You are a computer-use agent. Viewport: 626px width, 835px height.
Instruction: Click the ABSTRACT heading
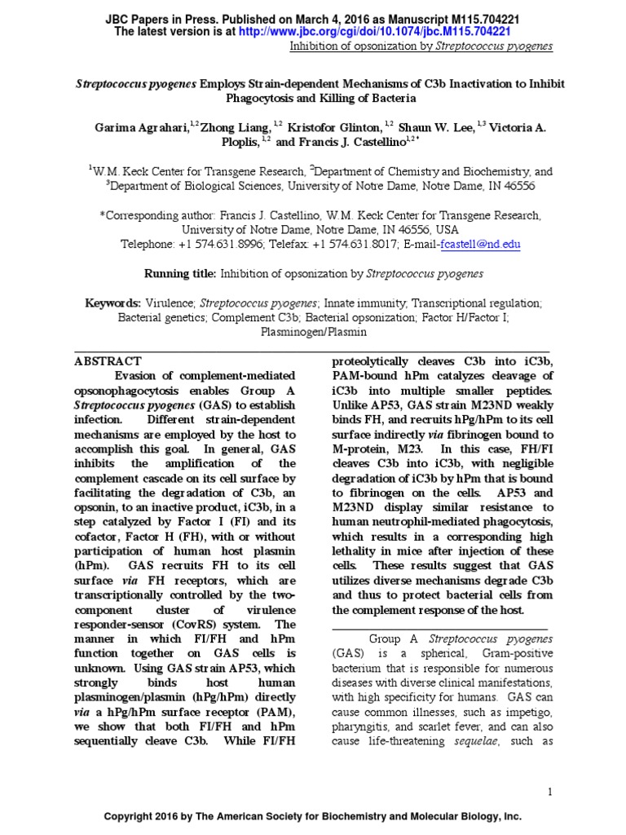pyautogui.click(x=108, y=360)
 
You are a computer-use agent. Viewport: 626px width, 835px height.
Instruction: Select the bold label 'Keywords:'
pyautogui.click(x=113, y=303)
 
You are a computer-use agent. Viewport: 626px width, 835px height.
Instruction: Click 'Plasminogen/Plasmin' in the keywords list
pyautogui.click(x=314, y=332)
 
